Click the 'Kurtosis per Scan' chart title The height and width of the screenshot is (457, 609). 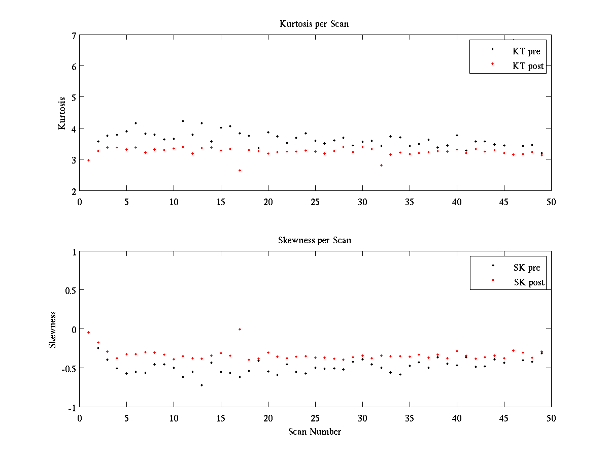[x=314, y=24]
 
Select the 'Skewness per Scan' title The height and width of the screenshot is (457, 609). [x=315, y=240]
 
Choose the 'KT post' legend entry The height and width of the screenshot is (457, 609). [x=528, y=66]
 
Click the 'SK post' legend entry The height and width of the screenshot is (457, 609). [x=528, y=282]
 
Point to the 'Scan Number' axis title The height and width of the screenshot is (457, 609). [x=315, y=432]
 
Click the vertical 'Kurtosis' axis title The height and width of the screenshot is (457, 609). [x=62, y=113]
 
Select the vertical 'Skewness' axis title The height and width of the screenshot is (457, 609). [x=52, y=329]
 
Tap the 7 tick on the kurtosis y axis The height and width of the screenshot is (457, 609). [x=74, y=36]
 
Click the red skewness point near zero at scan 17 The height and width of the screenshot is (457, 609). [x=240, y=329]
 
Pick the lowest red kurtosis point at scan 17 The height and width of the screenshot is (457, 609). [x=240, y=170]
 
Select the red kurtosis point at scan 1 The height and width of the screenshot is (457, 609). [x=89, y=160]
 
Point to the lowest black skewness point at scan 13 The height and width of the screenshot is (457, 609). [x=202, y=385]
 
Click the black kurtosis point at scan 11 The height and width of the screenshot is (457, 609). [x=183, y=121]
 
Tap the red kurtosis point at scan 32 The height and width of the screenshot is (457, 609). [x=381, y=165]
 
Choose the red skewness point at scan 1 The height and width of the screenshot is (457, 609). [x=89, y=332]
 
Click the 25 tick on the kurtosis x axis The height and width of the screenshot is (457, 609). [x=315, y=201]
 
